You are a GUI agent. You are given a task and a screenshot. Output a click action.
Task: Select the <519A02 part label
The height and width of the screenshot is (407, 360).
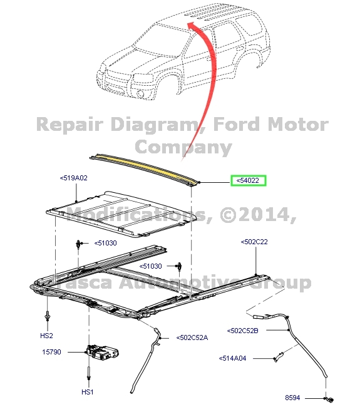(x=74, y=178)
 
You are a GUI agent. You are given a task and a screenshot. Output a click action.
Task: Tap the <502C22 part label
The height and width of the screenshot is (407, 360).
(x=254, y=241)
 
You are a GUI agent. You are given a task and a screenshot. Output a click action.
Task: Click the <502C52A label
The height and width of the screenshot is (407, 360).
(x=192, y=337)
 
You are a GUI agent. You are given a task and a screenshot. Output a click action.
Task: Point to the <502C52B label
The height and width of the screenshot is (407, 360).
(x=242, y=330)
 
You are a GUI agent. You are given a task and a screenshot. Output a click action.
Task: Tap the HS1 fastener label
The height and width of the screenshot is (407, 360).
(x=87, y=392)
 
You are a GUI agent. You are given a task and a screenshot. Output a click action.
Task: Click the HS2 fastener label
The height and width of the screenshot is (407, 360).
(x=47, y=336)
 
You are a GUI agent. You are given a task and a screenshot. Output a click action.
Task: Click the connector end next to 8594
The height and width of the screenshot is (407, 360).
(x=330, y=397)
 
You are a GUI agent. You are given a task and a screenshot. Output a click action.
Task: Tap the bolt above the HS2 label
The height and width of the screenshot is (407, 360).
(x=48, y=315)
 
